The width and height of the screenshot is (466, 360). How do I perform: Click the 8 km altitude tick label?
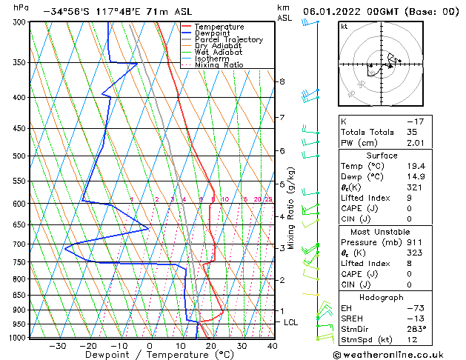282,81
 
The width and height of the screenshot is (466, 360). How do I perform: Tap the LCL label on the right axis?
291,323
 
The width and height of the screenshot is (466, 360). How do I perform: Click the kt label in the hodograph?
344,27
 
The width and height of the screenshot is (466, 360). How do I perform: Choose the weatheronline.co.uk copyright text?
401,354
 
